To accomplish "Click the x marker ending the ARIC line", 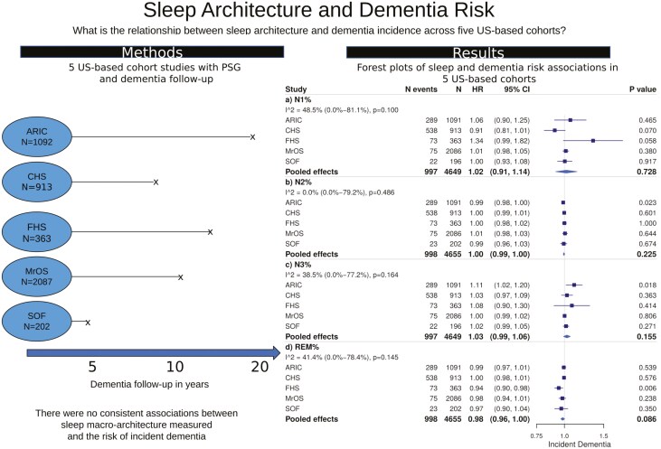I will (252, 136).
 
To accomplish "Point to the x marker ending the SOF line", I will (88, 322).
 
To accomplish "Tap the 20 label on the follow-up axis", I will (260, 366).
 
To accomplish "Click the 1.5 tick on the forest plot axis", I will (603, 435).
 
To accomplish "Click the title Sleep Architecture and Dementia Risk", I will (330, 14).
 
